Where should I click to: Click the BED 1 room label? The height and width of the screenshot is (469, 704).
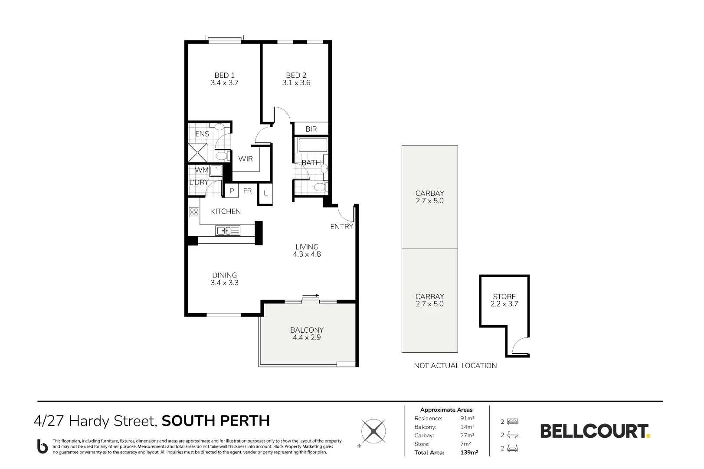(224, 75)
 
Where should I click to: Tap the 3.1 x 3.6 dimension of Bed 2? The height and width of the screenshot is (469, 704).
(296, 83)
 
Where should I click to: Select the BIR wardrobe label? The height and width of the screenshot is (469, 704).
(311, 129)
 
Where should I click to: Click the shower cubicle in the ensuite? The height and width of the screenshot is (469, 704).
(197, 153)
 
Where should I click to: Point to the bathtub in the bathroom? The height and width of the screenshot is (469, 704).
(312, 145)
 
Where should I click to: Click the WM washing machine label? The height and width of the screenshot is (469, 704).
(201, 170)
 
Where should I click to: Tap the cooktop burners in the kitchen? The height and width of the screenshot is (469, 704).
(194, 212)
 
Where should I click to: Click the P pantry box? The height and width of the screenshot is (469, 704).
(232, 191)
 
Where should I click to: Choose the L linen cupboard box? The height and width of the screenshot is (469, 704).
(265, 194)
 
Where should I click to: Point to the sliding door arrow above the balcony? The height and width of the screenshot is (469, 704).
(311, 296)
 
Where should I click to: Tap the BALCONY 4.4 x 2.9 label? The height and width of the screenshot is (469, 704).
(307, 334)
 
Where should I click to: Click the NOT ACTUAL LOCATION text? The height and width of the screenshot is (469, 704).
(455, 366)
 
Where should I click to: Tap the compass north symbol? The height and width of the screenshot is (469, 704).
(373, 431)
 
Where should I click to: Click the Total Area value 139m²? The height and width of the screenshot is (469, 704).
(469, 452)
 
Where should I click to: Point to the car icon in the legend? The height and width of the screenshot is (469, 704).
(512, 448)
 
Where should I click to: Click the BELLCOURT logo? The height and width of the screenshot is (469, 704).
(595, 431)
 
